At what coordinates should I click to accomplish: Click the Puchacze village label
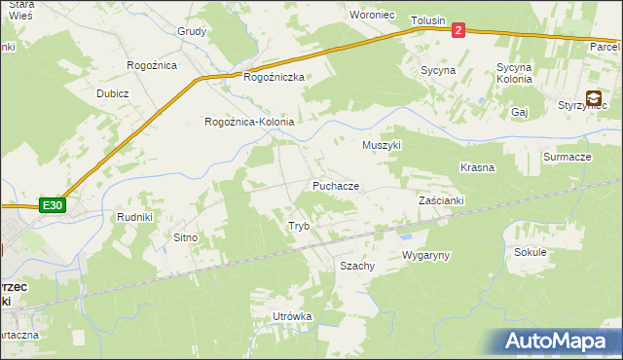[336, 185]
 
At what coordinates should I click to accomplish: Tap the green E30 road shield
[53, 205]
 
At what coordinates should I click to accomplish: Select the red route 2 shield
[458, 30]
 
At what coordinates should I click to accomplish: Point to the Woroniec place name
[371, 15]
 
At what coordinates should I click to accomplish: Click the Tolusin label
[427, 21]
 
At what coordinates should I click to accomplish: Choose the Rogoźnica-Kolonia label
[248, 123]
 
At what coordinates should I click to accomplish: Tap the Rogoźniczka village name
[275, 77]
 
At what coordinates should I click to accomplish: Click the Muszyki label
[382, 145]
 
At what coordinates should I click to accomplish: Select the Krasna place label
[477, 167]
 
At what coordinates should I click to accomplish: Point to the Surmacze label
[568, 157]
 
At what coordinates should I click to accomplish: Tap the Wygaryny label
[425, 255]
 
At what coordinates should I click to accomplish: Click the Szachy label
[356, 266]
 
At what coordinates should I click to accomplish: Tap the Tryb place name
[298, 226]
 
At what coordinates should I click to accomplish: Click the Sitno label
[186, 237]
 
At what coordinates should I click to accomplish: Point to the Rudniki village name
[134, 217]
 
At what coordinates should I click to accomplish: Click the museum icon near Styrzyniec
[593, 97]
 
